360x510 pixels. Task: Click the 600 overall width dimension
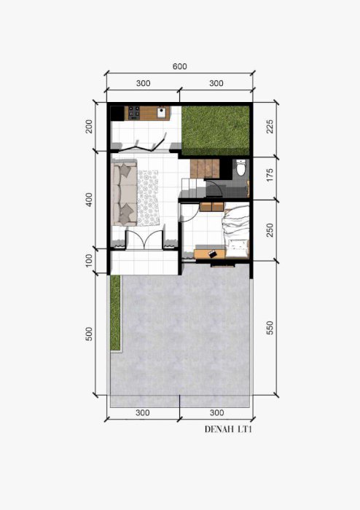click(x=179, y=66)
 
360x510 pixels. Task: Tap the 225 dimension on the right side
click(x=270, y=127)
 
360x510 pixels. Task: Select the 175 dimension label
click(x=270, y=175)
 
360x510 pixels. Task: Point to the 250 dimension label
click(x=270, y=230)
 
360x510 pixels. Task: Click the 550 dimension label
click(x=270, y=328)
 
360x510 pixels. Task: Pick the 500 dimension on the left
click(x=89, y=334)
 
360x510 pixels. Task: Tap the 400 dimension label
click(x=89, y=200)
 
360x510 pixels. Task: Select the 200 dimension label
click(x=89, y=127)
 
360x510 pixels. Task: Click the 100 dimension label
click(x=89, y=261)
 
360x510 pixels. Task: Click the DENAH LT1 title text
click(x=229, y=429)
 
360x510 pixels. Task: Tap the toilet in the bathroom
click(x=241, y=168)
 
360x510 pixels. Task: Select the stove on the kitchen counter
click(x=133, y=112)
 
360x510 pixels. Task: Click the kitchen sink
click(x=162, y=112)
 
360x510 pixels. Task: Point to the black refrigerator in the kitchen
click(x=117, y=113)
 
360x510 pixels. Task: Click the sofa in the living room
click(x=124, y=192)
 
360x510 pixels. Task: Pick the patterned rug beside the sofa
click(x=148, y=197)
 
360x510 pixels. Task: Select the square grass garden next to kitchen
click(x=216, y=130)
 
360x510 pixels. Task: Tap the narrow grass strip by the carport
click(x=115, y=313)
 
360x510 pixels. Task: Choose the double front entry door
click(x=144, y=240)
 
